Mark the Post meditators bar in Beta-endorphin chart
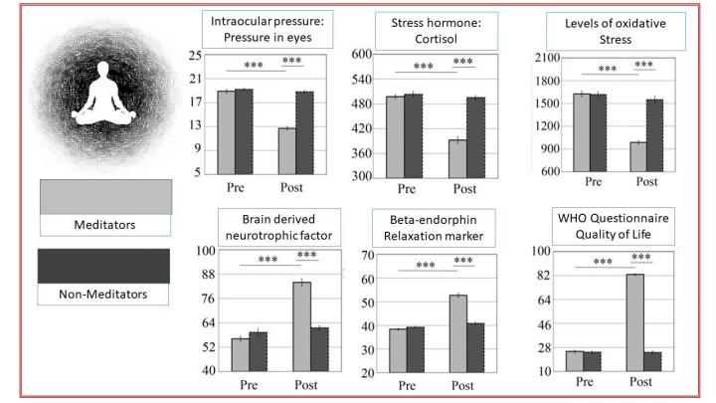[458, 333]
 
